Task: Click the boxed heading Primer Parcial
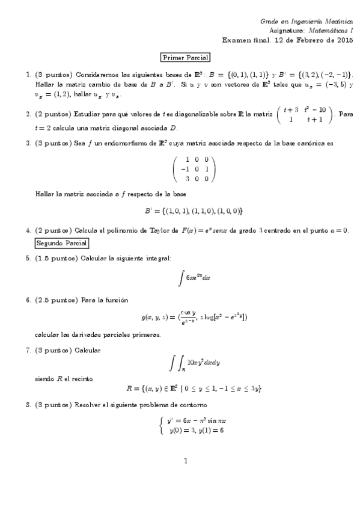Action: coord(185,58)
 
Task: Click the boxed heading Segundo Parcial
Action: coord(61,243)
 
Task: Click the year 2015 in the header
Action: coord(344,40)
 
